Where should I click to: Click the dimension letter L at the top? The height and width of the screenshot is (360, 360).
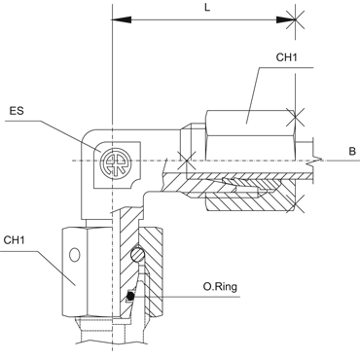click(x=207, y=8)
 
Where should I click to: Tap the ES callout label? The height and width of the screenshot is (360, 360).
click(x=17, y=111)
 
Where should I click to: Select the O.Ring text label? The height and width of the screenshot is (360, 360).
click(x=220, y=287)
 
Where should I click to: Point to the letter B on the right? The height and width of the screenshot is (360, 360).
click(x=352, y=152)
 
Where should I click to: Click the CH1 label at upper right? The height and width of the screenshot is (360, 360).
click(x=286, y=57)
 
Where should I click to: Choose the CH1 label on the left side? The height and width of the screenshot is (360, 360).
click(x=15, y=240)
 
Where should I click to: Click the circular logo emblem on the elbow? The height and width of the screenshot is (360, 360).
click(x=115, y=163)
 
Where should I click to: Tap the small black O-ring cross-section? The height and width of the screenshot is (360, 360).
click(x=130, y=296)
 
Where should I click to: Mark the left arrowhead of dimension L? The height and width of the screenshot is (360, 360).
click(x=122, y=20)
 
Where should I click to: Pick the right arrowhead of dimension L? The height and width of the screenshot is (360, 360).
click(x=286, y=20)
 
